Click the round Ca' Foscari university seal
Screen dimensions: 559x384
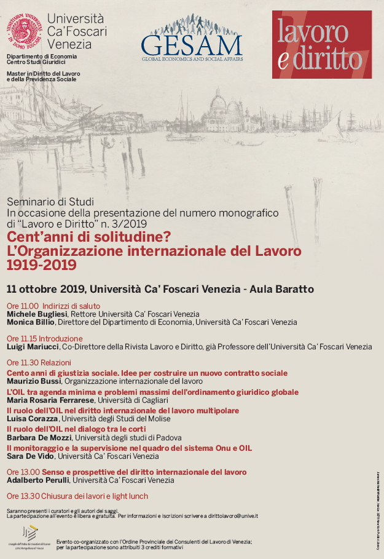(x=24, y=31)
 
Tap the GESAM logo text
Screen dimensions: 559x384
(x=192, y=44)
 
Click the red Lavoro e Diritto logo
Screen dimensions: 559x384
(x=322, y=44)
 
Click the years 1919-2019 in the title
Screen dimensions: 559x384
(x=42, y=265)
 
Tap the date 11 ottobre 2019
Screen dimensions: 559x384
(x=46, y=289)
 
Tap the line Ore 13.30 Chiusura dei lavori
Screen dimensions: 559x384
(x=77, y=496)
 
